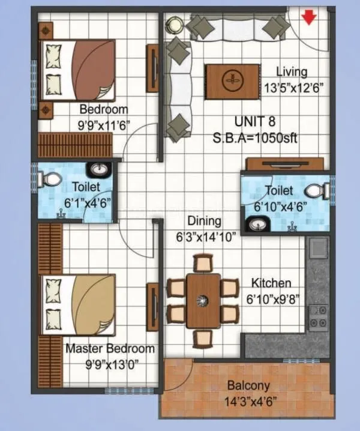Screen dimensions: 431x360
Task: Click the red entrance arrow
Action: click(309, 17)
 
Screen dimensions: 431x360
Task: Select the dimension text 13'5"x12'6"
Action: click(293, 86)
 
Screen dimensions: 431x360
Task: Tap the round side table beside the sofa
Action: click(175, 24)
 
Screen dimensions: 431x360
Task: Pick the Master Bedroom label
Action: click(110, 349)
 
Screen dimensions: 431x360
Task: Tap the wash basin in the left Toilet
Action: click(99, 170)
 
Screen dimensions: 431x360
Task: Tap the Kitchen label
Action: click(271, 283)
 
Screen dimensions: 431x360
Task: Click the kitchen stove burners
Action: click(317, 317)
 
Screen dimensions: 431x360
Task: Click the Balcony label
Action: click(248, 386)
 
